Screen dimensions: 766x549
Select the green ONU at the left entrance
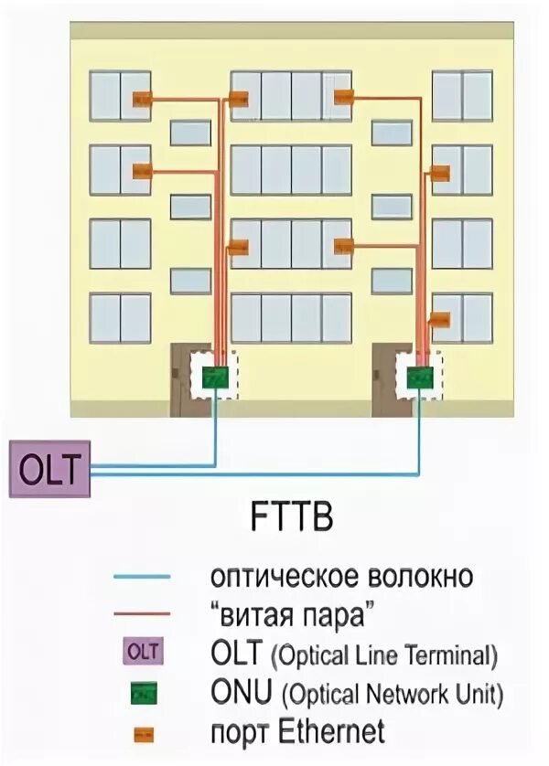click(215, 375)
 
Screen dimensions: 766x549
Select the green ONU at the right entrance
click(420, 375)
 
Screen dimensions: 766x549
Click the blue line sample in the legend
click(142, 577)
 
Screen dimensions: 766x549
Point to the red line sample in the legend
click(142, 613)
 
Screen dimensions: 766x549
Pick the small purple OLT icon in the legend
click(142, 652)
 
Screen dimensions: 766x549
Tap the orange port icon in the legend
click(142, 731)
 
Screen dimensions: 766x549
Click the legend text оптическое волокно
click(341, 577)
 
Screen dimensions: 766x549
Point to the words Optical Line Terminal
click(389, 655)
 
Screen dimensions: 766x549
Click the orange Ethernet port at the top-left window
click(141, 100)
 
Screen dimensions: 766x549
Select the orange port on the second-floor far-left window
click(142, 171)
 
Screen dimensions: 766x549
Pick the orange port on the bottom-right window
click(440, 320)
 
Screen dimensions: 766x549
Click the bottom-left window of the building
click(120, 317)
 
